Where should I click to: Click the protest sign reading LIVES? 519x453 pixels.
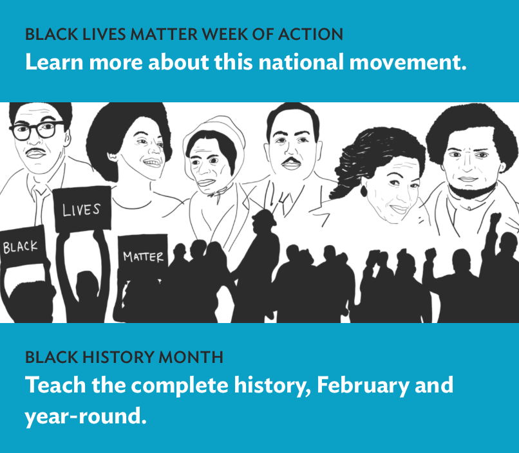(82, 209)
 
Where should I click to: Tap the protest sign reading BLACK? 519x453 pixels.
(23, 246)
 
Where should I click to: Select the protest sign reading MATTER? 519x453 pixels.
(143, 255)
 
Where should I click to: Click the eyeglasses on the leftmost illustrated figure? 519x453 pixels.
(37, 130)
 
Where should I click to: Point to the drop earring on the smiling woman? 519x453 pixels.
(364, 191)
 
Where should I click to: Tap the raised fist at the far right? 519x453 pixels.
(496, 219)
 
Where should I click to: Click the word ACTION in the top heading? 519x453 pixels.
(310, 34)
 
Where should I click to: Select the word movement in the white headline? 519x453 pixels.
(408, 62)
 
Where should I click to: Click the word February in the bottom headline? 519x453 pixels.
(363, 385)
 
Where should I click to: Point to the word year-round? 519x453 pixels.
(86, 416)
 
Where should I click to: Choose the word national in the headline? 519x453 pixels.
(301, 62)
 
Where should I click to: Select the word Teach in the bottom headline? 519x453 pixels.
(55, 385)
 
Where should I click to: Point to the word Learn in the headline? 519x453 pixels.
(54, 62)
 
